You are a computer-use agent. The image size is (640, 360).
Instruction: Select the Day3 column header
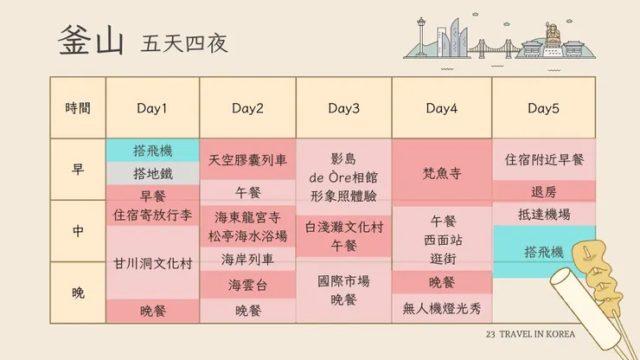pyautogui.click(x=343, y=108)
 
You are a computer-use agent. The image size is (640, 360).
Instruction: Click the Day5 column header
pyautogui.click(x=543, y=108)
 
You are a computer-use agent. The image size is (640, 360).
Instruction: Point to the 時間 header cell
pyautogui.click(x=78, y=108)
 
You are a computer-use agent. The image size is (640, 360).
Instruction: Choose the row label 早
pyautogui.click(x=78, y=170)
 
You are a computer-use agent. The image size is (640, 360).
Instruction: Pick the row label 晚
pyautogui.click(x=78, y=292)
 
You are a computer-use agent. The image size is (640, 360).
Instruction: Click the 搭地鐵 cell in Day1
pyautogui.click(x=152, y=173)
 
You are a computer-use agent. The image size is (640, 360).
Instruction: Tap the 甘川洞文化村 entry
pyautogui.click(x=152, y=263)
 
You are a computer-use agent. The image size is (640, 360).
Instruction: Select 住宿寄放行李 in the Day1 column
pyautogui.click(x=152, y=214)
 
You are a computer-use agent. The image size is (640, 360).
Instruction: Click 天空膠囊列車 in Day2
pyautogui.click(x=248, y=160)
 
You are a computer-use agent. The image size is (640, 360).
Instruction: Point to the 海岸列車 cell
pyautogui.click(x=248, y=259)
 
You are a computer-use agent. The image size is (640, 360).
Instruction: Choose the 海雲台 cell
pyautogui.click(x=248, y=284)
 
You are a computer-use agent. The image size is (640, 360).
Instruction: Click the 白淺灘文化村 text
pyautogui.click(x=343, y=227)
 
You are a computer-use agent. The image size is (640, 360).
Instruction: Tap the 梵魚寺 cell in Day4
pyautogui.click(x=441, y=173)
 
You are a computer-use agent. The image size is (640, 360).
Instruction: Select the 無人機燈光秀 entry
pyautogui.click(x=441, y=307)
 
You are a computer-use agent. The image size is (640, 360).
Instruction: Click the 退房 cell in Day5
pyautogui.click(x=543, y=191)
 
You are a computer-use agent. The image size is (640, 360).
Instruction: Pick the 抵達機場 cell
pyautogui.click(x=543, y=215)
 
